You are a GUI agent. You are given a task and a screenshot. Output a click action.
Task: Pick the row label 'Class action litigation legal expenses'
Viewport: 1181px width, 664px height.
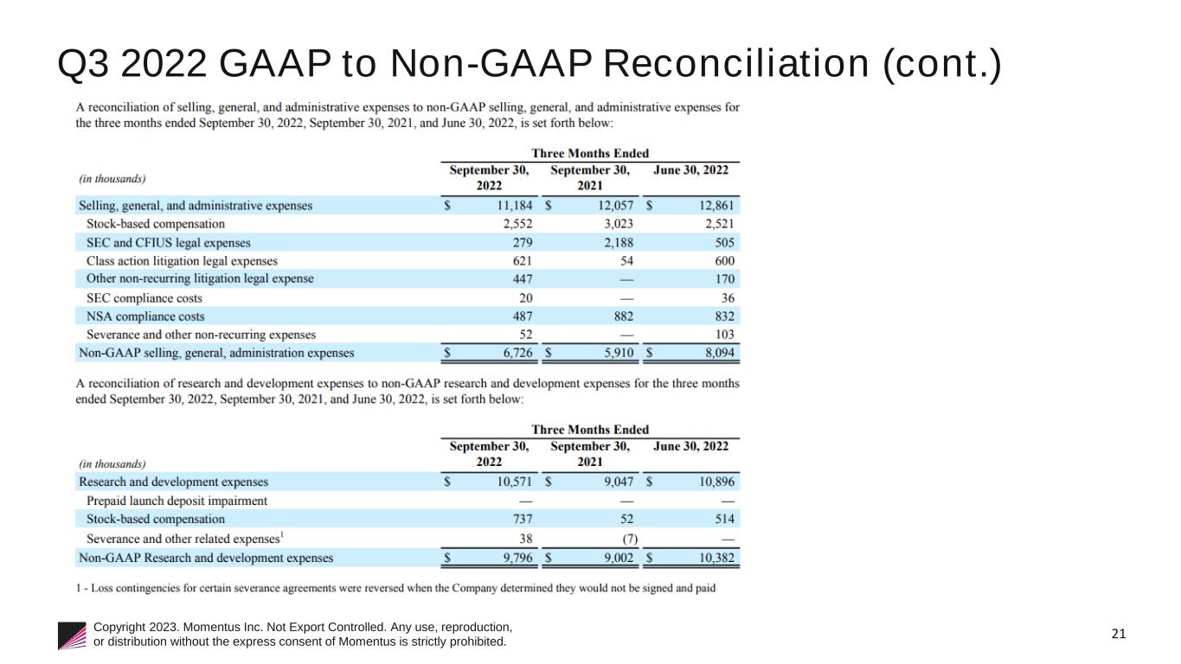(x=182, y=261)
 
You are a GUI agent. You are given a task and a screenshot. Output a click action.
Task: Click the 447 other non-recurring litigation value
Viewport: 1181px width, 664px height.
(x=522, y=279)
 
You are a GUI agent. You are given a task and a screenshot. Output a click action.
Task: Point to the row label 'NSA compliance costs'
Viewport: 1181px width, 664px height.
(x=145, y=316)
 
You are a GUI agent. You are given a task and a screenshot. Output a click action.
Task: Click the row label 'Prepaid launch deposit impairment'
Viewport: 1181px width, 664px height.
(x=177, y=501)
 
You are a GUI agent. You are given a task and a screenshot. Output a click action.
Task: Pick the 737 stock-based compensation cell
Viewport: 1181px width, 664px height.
(x=522, y=519)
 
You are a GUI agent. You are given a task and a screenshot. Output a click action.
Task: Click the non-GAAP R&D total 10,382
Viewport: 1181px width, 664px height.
(x=716, y=558)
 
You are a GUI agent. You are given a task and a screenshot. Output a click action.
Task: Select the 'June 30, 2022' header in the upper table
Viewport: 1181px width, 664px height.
(x=691, y=170)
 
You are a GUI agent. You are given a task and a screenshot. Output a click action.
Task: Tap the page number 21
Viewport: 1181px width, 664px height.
(x=1119, y=634)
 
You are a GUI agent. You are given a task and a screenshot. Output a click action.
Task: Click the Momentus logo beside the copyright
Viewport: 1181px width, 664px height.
(x=73, y=635)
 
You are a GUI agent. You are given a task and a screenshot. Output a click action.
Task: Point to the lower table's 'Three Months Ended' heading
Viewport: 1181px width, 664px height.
(x=590, y=430)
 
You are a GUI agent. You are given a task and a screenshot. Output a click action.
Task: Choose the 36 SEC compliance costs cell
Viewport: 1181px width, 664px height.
(x=726, y=298)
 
